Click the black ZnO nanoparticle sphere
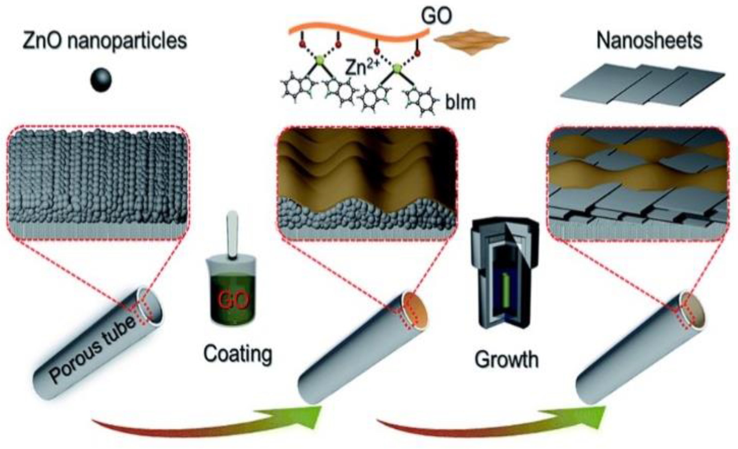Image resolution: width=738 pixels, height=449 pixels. tap(101, 80)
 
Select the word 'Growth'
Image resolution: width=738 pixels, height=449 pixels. tap(506, 360)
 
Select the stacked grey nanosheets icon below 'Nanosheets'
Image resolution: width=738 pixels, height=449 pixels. tap(643, 85)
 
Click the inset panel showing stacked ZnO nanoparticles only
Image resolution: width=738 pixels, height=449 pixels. tap(98, 183)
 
